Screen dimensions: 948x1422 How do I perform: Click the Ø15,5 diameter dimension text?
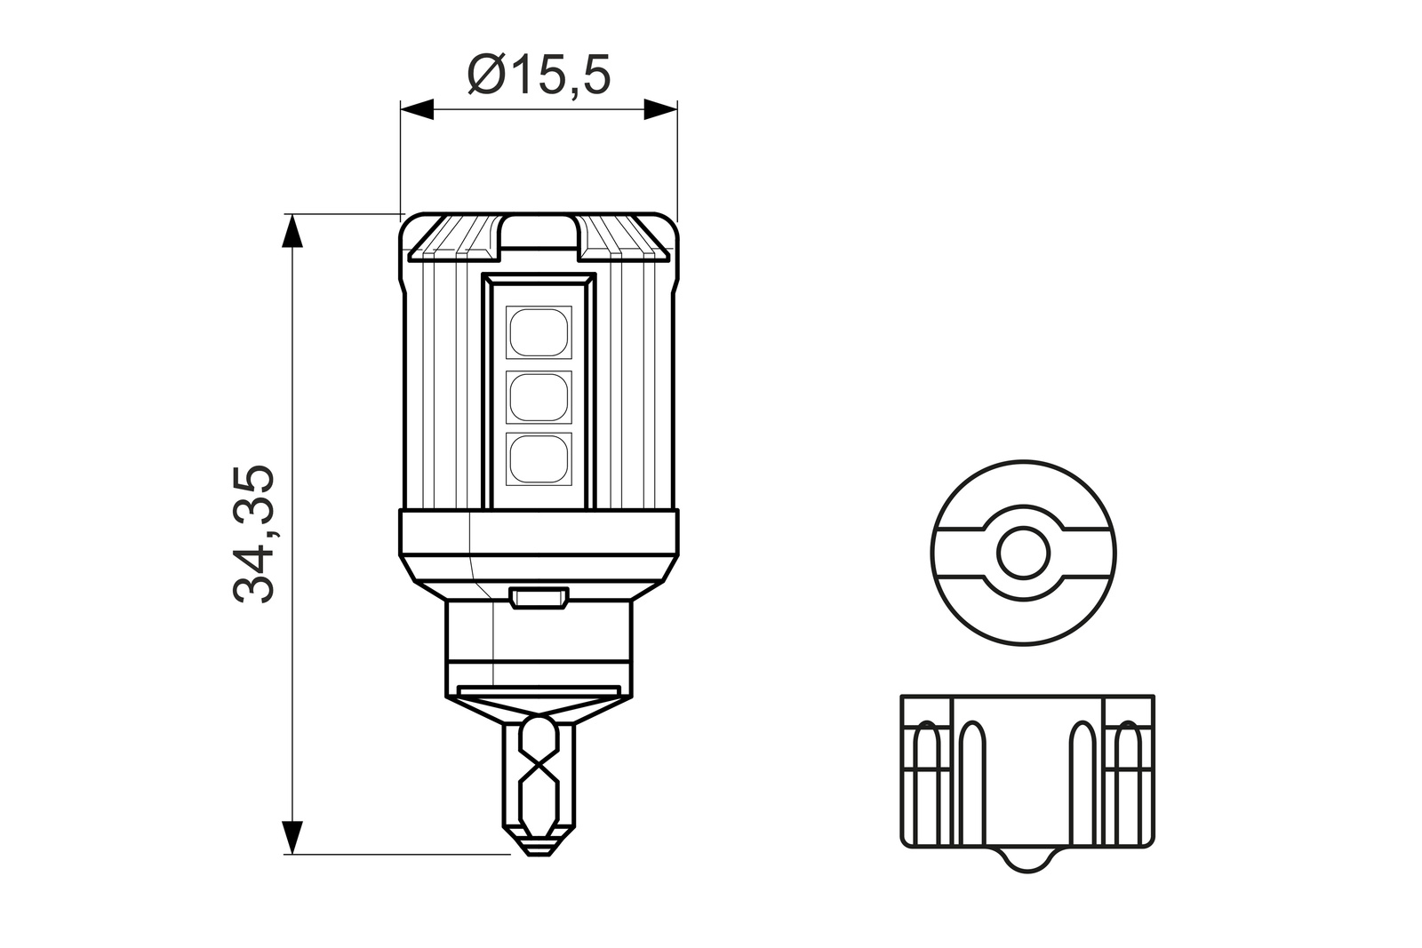(x=539, y=75)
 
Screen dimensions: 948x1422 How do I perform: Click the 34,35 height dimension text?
(x=254, y=534)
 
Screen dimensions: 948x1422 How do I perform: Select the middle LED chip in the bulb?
(x=539, y=397)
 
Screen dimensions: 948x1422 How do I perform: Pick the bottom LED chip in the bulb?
(x=539, y=458)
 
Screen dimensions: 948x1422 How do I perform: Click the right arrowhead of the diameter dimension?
(x=660, y=109)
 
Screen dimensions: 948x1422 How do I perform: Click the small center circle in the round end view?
(x=1023, y=553)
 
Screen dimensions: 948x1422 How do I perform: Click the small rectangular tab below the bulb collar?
(x=539, y=597)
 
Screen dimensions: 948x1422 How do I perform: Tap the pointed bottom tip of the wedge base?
(x=539, y=848)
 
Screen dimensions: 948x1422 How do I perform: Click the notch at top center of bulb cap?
(x=539, y=233)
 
